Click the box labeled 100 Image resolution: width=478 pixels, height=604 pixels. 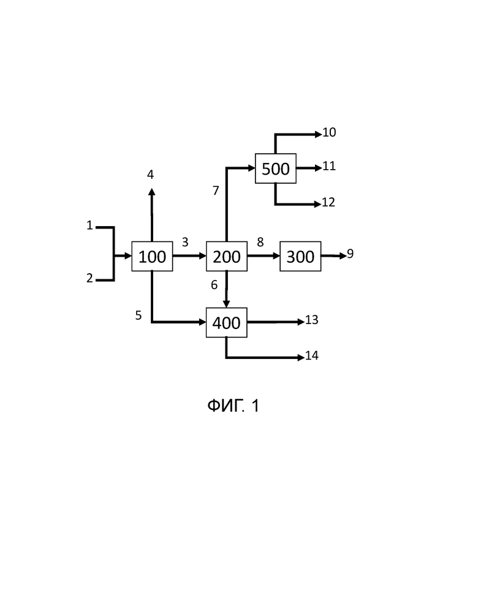click(x=152, y=257)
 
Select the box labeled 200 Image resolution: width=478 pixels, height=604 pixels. click(x=227, y=257)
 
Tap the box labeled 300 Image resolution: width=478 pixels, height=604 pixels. click(x=300, y=257)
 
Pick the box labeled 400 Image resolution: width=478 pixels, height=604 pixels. click(x=227, y=323)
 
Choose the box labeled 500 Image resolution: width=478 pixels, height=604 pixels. click(x=276, y=168)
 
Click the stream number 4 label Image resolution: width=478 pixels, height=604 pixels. click(x=150, y=175)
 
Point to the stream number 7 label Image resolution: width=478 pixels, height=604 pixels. click(x=216, y=191)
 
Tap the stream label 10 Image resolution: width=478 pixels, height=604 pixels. click(x=329, y=132)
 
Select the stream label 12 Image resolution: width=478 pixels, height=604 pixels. click(x=328, y=202)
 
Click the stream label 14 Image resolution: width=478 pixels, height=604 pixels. click(x=312, y=355)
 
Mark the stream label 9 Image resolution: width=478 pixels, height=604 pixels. click(x=350, y=254)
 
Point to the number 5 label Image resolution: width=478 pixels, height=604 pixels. click(x=138, y=315)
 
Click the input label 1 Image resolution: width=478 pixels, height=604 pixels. click(x=90, y=225)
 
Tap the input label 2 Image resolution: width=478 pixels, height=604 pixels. click(x=90, y=277)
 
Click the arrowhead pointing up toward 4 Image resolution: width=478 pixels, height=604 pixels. click(x=152, y=192)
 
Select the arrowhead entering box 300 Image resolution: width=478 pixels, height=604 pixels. click(x=276, y=256)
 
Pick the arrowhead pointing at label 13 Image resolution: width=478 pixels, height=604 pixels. click(x=301, y=322)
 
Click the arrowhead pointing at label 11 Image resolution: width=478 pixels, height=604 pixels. click(x=319, y=168)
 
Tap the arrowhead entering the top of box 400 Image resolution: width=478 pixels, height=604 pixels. click(x=226, y=304)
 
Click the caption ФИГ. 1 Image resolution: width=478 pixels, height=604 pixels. click(x=233, y=406)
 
